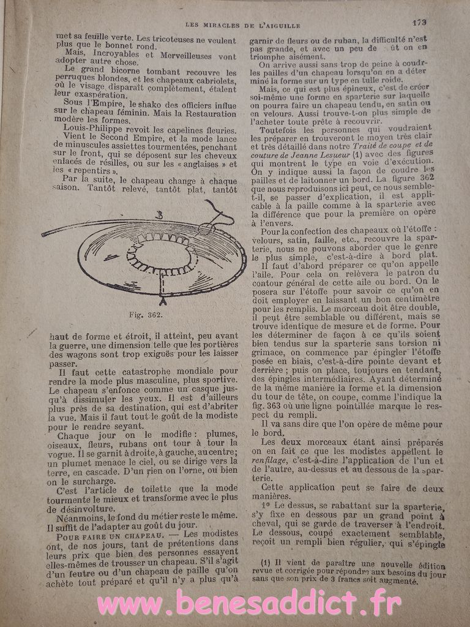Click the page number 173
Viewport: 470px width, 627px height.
point(419,23)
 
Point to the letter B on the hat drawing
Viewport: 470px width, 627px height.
point(159,214)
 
